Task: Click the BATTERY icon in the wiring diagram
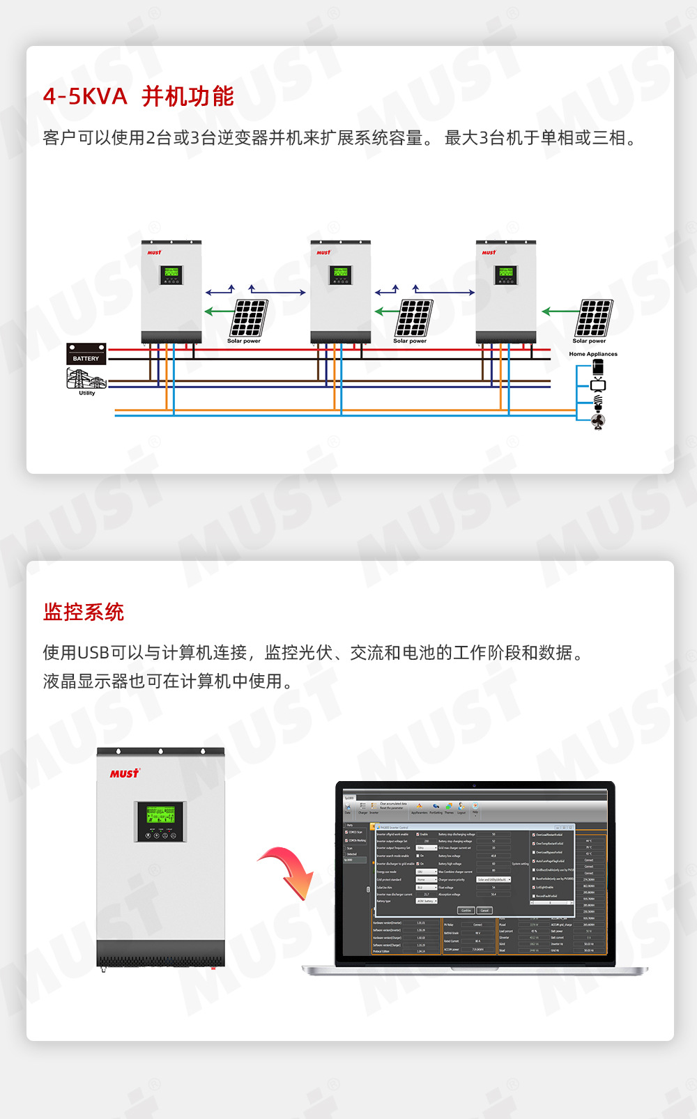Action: [86, 353]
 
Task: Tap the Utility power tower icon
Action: [86, 379]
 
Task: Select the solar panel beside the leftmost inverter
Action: [249, 318]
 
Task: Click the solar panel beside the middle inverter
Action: [415, 318]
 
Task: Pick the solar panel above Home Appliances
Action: [594, 318]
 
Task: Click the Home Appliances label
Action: [592, 354]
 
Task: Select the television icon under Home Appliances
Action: [597, 385]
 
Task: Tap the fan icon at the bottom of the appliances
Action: [597, 421]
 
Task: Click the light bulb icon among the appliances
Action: [597, 402]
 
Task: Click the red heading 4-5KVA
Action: [85, 96]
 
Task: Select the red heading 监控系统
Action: [84, 612]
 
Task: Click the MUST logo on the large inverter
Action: [124, 773]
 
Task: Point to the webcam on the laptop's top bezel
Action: [475, 785]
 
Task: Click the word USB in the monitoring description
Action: [93, 653]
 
